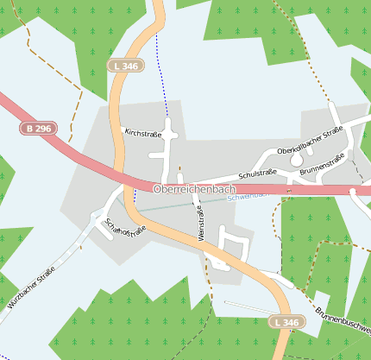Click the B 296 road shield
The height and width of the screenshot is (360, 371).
(x=37, y=128)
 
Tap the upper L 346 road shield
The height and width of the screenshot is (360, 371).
(x=125, y=66)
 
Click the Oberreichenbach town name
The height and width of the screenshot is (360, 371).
(x=195, y=188)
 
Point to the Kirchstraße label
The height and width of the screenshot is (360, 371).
(x=144, y=133)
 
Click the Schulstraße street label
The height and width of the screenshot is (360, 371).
(x=257, y=174)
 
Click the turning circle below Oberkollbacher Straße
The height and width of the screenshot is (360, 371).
(x=296, y=160)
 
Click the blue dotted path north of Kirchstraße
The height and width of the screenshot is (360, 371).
(x=161, y=78)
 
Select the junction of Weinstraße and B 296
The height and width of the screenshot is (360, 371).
(x=195, y=188)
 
